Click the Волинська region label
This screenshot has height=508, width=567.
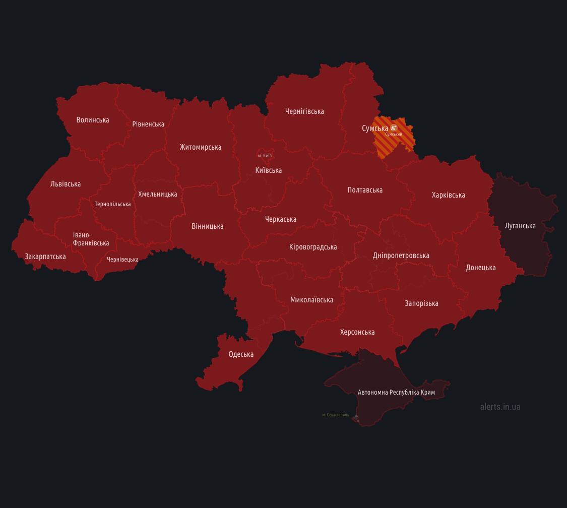(93, 120)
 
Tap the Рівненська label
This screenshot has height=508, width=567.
(148, 124)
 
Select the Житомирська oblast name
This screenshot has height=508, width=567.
(201, 147)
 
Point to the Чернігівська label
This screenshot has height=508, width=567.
(304, 111)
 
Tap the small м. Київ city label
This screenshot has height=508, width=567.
(265, 156)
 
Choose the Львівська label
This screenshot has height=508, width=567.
(66, 184)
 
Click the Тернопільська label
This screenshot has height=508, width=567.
(112, 204)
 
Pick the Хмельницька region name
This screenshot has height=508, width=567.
(158, 194)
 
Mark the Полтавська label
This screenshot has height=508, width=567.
(365, 190)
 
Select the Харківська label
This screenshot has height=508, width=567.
(449, 195)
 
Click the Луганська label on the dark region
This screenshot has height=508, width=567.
(520, 226)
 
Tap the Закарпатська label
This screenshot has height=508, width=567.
(45, 257)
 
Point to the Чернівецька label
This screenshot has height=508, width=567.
(122, 260)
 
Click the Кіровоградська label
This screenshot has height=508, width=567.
(313, 247)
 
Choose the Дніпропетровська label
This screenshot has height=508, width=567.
(401, 256)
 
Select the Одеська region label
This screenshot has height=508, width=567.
(241, 354)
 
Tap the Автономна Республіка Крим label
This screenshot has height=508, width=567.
(396, 392)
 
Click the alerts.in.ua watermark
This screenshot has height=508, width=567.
(500, 407)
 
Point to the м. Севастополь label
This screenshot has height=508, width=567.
(336, 415)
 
